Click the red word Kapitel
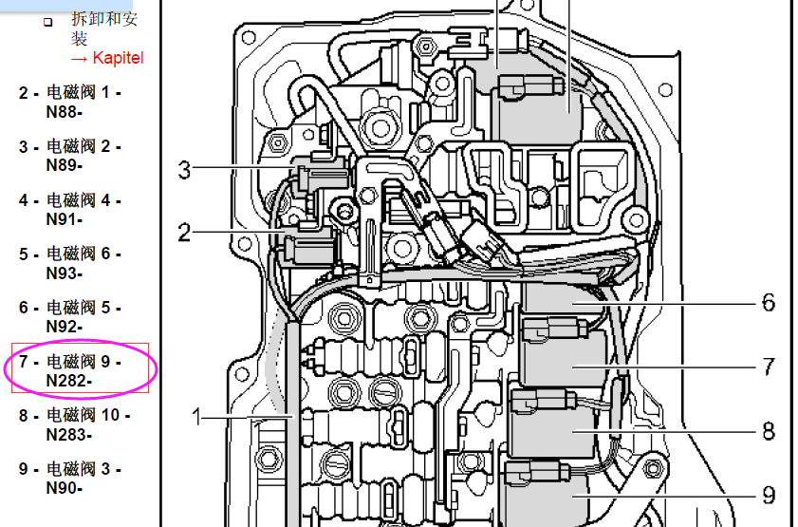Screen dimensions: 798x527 coord(118,59)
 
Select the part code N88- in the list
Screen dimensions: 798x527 coord(65,112)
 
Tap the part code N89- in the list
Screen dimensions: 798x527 coord(65,165)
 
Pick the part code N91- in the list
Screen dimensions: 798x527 coord(65,219)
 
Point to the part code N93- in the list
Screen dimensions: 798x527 coord(65,273)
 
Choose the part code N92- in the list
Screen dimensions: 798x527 coord(65,327)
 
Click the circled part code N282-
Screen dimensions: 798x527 coord(68,381)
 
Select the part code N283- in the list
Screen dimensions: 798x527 coord(68,435)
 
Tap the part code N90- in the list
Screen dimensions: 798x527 coord(65,488)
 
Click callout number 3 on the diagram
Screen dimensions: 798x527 coord(184,170)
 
